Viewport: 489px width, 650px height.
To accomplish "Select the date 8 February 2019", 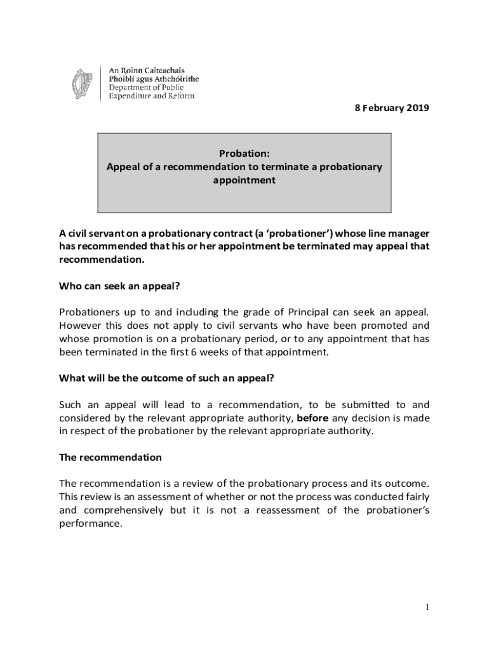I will coord(391,108).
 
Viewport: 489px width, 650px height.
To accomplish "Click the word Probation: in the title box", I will coord(244,154).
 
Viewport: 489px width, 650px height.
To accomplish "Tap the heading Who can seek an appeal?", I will coord(120,286).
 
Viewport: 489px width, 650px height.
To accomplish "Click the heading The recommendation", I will coord(111,457).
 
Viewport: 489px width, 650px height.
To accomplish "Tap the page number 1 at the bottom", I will coord(427,608).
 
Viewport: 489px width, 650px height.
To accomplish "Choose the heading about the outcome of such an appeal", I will coord(166,378).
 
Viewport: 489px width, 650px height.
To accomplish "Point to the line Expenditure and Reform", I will coord(152,96).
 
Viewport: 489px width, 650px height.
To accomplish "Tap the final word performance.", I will coord(90,524).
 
